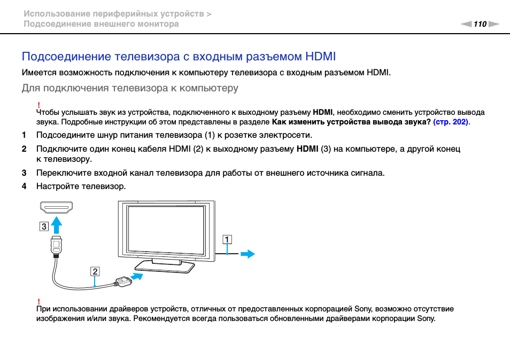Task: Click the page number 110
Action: tap(480, 24)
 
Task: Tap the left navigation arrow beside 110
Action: tap(466, 24)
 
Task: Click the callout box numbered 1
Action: tap(228, 240)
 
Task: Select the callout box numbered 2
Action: tap(95, 271)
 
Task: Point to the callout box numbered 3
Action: tap(43, 225)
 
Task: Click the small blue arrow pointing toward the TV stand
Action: tap(138, 276)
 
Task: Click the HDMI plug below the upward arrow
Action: tap(56, 245)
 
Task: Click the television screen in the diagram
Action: tap(166, 229)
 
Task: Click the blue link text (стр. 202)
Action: tap(451, 122)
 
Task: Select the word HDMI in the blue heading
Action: tap(320, 57)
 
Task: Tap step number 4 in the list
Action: tap(24, 186)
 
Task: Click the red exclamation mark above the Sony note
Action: tap(38, 302)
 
